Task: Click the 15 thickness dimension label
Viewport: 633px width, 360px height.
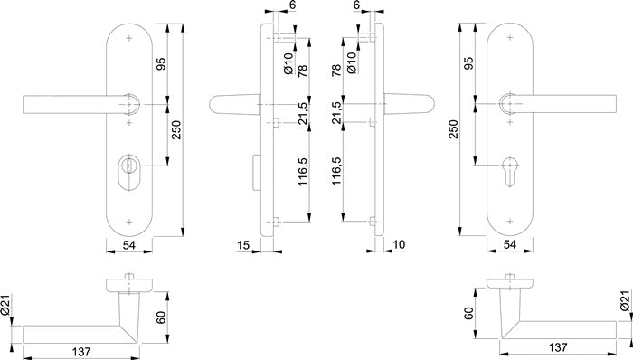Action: (243, 244)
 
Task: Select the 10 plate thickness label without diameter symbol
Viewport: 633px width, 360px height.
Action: (399, 244)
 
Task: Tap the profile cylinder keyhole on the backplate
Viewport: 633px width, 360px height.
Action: (510, 172)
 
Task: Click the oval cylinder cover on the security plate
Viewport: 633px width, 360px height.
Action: (129, 172)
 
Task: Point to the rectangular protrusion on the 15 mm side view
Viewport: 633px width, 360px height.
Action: (257, 172)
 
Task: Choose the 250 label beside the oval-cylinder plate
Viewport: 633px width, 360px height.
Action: (177, 130)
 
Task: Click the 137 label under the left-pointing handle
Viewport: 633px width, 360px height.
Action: (81, 352)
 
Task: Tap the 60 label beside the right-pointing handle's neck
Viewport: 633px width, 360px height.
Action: (469, 313)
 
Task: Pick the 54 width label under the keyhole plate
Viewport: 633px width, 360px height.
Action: (510, 244)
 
